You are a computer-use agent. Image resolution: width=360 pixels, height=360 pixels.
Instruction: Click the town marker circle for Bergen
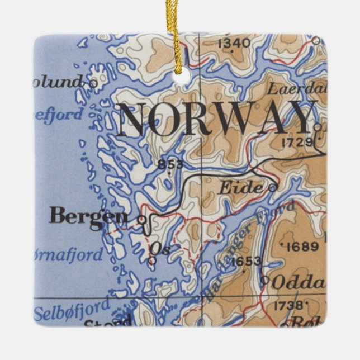click(x=142, y=220)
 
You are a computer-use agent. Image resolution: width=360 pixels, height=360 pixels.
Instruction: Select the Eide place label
click(x=240, y=188)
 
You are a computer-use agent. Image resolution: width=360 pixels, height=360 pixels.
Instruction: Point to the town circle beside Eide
click(x=272, y=188)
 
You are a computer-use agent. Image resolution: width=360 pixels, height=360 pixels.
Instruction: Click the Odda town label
click(x=297, y=282)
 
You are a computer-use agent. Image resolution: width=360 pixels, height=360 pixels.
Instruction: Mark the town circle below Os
click(x=152, y=260)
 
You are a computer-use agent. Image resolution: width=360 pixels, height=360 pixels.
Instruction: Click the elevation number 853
click(x=170, y=164)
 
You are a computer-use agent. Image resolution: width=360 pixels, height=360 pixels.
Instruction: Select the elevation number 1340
click(x=235, y=44)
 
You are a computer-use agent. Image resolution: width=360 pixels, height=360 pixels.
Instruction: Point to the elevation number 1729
click(x=297, y=143)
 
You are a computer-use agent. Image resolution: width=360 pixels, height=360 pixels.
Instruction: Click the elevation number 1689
click(x=302, y=247)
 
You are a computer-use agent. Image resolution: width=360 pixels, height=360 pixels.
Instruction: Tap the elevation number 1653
click(x=245, y=260)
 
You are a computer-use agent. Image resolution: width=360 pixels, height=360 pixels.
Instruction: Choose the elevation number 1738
click(x=290, y=305)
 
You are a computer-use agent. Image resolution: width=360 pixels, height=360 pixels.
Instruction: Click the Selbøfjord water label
click(x=72, y=311)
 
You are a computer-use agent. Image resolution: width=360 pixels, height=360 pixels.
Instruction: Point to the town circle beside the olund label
click(x=93, y=84)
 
